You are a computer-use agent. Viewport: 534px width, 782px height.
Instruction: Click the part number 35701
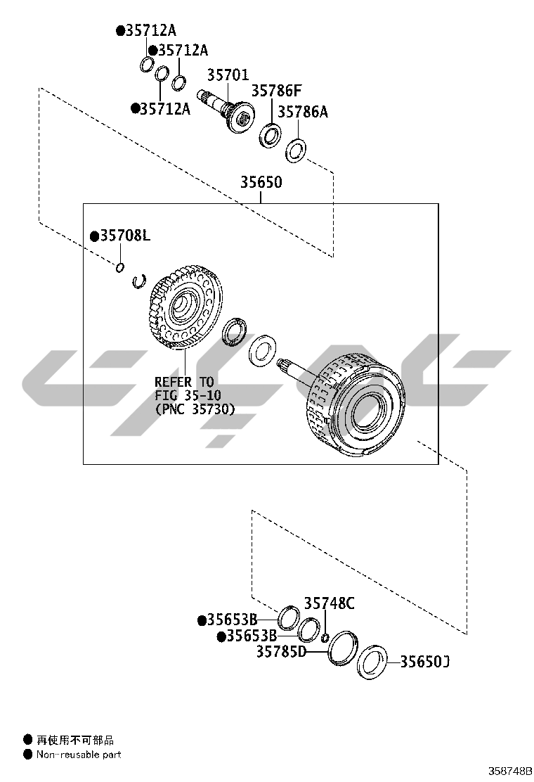coord(228,75)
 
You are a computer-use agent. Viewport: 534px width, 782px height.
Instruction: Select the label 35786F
coord(276,91)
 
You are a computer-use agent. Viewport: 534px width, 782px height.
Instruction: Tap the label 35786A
coord(302,112)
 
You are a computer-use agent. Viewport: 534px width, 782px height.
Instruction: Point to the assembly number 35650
coord(261,182)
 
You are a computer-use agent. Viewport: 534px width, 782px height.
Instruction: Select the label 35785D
coord(281,651)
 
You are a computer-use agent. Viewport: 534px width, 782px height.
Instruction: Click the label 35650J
coord(424,662)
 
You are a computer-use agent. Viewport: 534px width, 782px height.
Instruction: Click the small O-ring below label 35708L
coord(120,267)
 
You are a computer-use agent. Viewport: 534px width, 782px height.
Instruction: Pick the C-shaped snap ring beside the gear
coord(139,281)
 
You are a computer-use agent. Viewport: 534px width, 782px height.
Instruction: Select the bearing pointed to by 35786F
coord(271,134)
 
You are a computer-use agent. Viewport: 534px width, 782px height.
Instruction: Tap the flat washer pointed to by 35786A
coord(296,149)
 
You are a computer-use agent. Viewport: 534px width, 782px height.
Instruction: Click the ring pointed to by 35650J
coord(372,663)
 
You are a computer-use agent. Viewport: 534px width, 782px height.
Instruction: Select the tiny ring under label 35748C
coord(325,638)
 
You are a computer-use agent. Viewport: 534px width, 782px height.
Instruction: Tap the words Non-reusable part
coord(79,755)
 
